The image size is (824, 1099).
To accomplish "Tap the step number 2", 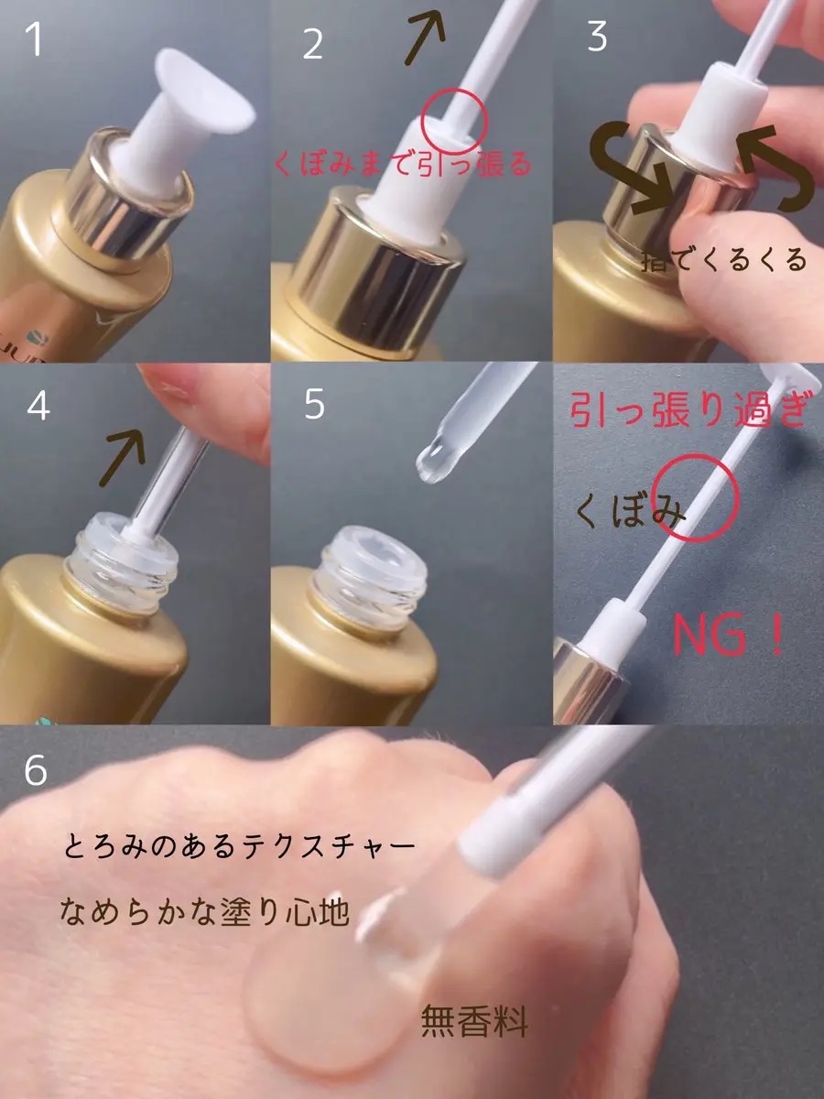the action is coord(313,44).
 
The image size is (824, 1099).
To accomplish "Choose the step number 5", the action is coord(315,404).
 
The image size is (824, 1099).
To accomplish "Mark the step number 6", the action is coord(36,769).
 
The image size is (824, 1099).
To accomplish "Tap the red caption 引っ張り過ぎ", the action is coord(689,409).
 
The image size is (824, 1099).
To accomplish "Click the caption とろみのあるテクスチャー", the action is coord(239,846).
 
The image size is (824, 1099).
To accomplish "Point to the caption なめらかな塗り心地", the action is coord(203,910).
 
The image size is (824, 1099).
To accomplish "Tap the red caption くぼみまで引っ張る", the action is coord(402,165).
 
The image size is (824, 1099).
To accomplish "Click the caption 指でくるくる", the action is coord(724,259).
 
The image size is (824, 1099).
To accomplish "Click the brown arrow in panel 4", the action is coord(122,457).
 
